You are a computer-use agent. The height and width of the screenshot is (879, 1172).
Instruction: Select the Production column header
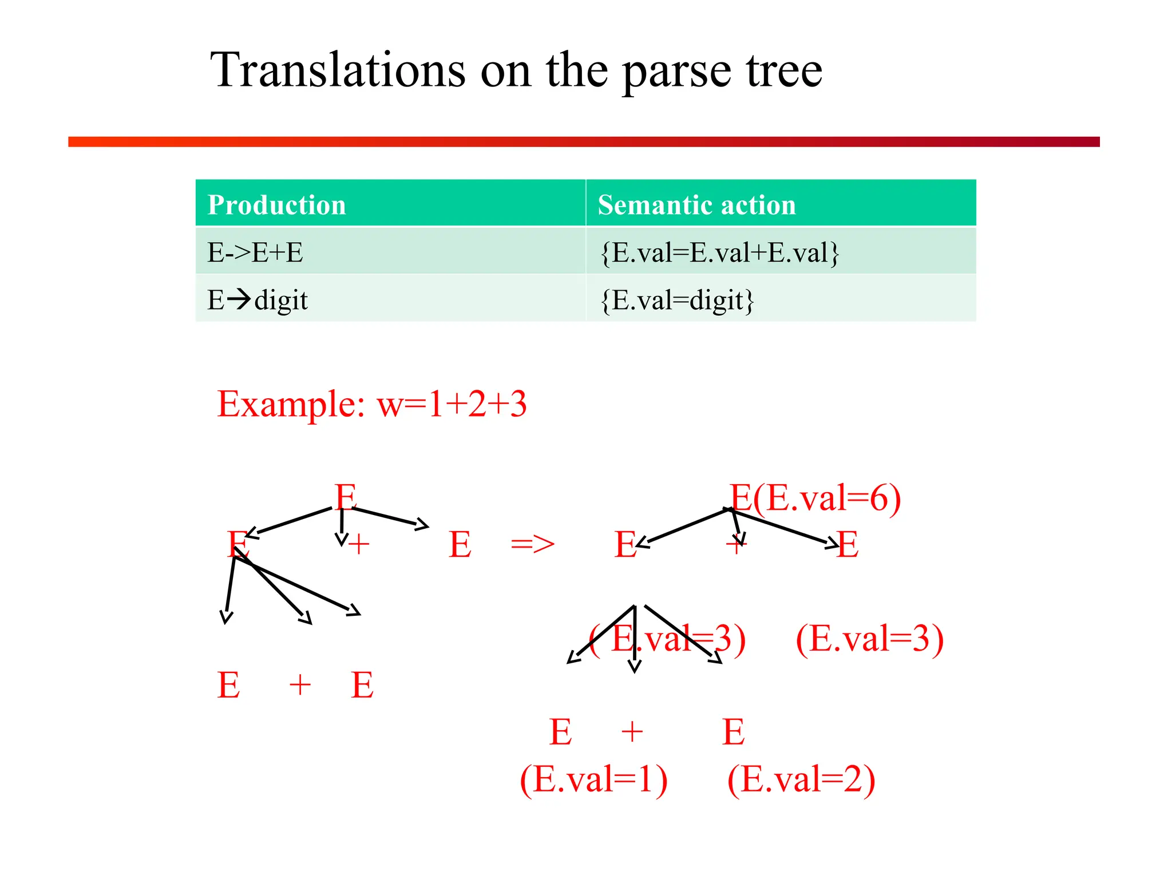[276, 204]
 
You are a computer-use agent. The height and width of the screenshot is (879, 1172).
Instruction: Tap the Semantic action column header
[696, 204]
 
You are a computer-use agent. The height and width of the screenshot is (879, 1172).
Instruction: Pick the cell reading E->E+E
[255, 252]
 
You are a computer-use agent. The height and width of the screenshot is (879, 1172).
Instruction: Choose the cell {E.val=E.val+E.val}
[719, 252]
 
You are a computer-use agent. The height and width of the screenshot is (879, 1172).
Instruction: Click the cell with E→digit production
[258, 299]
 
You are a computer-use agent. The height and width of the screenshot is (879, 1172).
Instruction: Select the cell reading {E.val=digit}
[677, 299]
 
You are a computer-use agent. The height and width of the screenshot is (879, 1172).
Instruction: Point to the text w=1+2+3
[452, 403]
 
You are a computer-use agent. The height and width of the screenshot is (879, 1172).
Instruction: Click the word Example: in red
[291, 403]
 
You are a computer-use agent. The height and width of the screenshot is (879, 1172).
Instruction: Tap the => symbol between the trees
[532, 544]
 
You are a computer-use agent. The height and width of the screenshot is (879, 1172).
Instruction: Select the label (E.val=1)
[593, 779]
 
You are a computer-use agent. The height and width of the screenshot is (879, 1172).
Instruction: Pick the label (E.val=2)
[801, 779]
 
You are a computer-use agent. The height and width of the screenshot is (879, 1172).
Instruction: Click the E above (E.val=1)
[560, 731]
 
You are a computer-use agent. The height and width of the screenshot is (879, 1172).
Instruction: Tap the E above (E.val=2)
[734, 731]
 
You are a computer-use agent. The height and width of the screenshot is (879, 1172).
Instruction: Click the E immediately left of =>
[460, 544]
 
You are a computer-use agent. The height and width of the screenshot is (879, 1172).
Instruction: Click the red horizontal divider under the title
[584, 142]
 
